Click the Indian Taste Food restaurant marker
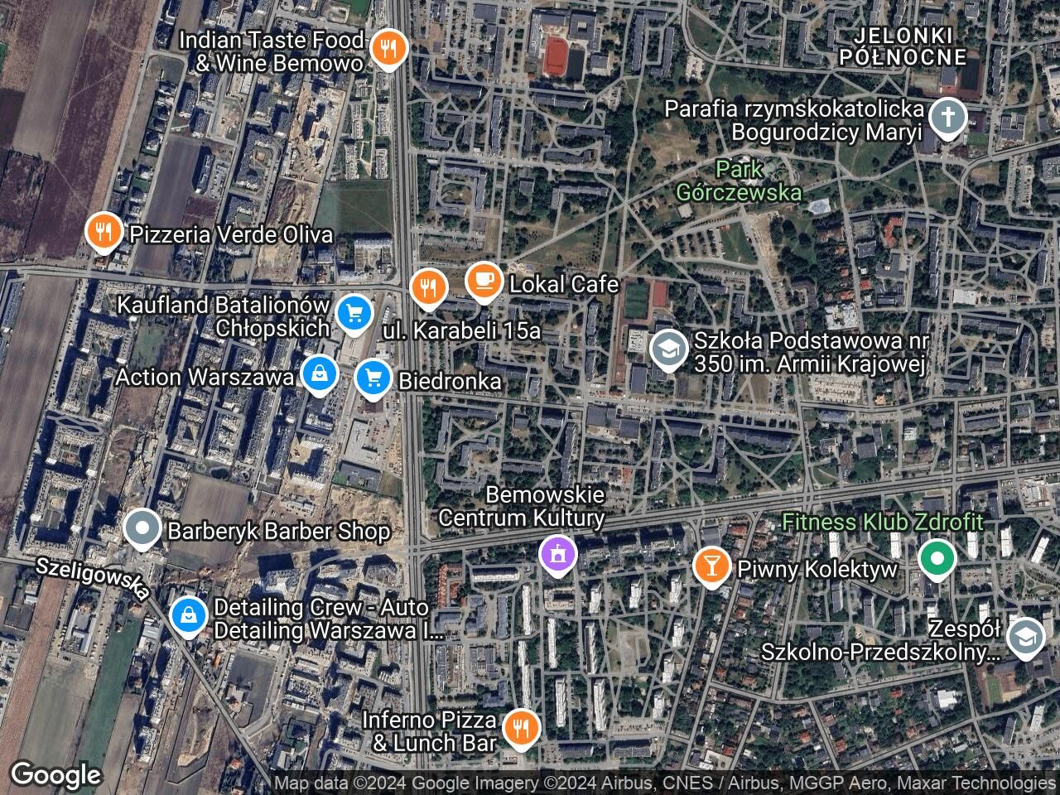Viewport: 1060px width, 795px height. [387, 48]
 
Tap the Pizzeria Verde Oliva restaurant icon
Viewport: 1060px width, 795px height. [104, 232]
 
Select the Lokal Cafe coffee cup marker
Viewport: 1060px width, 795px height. [483, 282]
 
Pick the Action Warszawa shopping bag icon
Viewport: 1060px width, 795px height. [319, 374]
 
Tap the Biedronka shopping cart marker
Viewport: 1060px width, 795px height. [373, 378]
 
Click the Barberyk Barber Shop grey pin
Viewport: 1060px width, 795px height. [143, 528]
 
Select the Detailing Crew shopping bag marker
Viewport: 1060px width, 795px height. [189, 615]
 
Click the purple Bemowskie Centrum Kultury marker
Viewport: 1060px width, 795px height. [556, 553]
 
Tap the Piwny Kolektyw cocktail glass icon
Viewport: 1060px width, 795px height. [711, 566]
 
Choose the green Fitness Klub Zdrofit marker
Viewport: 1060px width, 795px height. [937, 559]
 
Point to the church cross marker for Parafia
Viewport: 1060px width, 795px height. [947, 118]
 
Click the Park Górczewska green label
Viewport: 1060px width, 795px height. [739, 181]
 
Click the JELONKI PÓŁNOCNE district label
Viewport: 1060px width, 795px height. [903, 46]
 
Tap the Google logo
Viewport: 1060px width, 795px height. [55, 775]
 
